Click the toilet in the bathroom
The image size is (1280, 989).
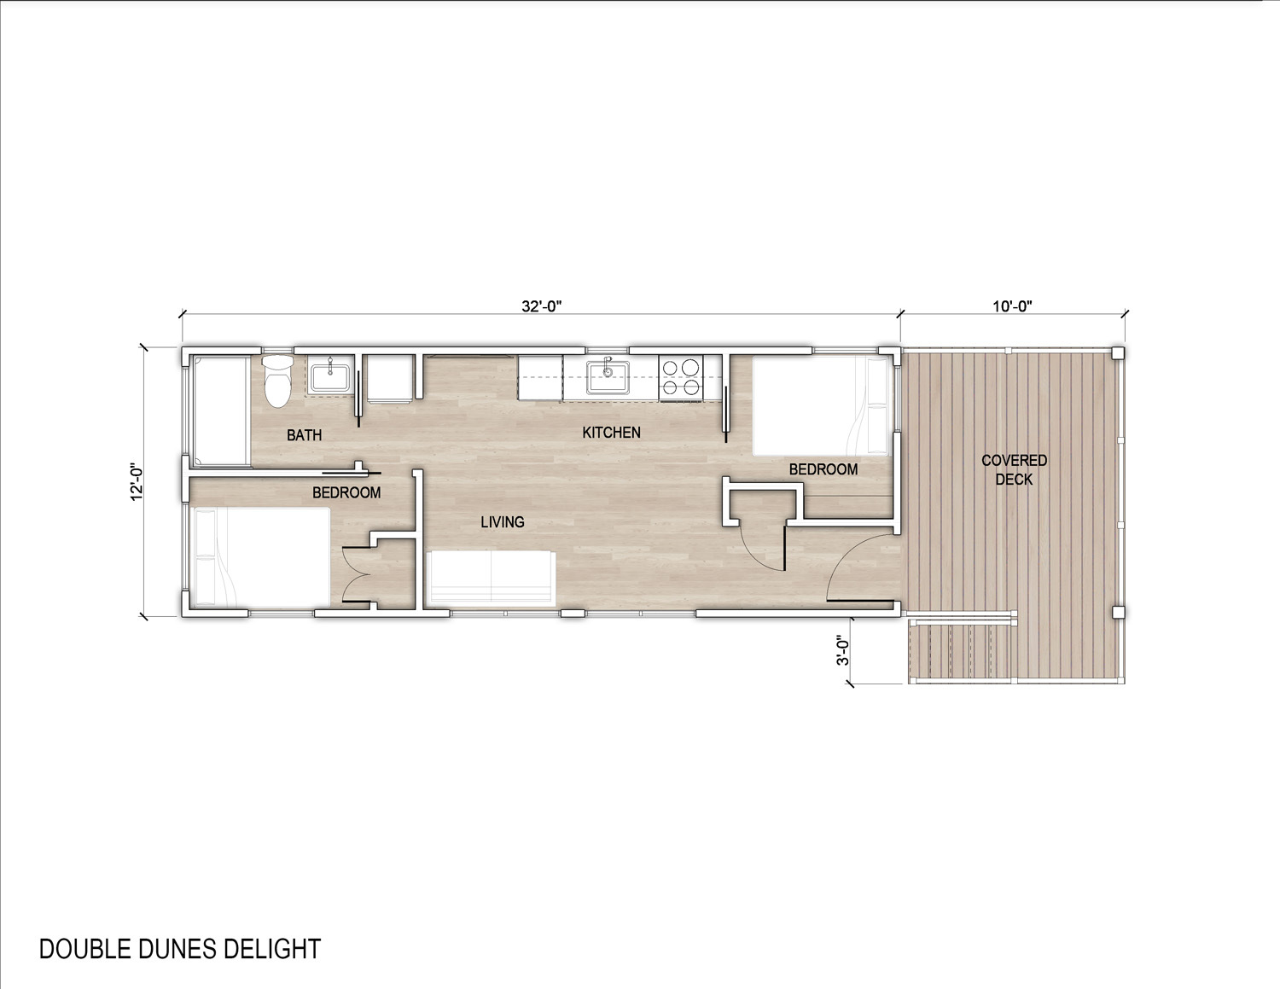(276, 380)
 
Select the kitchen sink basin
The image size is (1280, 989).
(608, 377)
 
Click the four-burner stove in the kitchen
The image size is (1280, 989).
(682, 377)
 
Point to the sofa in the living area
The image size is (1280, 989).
(492, 578)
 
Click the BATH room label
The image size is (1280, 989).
(304, 435)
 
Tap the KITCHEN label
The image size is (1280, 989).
(612, 433)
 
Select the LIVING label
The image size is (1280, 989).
(503, 522)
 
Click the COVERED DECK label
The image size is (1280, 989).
(1014, 469)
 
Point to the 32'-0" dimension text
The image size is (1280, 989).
(541, 306)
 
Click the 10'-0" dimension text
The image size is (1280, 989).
(1012, 306)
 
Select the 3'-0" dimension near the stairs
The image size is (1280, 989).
(843, 650)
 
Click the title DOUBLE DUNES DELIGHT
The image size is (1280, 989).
(180, 949)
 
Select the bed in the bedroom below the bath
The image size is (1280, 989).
(261, 557)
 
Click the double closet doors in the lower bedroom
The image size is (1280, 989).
(355, 575)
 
